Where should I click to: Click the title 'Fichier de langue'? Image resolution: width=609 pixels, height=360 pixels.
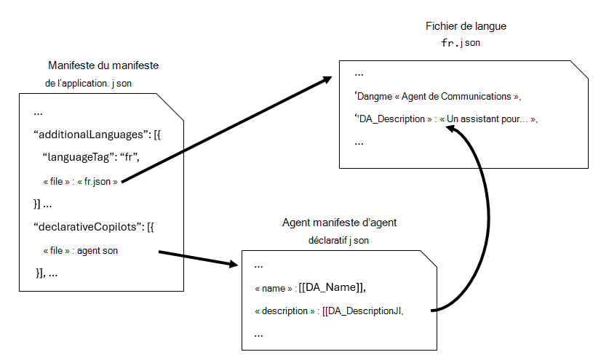[466, 26]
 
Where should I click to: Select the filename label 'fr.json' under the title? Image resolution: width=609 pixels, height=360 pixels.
[461, 43]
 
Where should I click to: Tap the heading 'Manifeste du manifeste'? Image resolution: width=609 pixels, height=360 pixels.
[103, 65]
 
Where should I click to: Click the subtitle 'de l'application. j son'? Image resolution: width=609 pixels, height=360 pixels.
[89, 83]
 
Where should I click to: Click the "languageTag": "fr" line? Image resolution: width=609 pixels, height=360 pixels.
[91, 158]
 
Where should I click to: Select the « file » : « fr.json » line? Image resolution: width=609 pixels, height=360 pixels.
[80, 181]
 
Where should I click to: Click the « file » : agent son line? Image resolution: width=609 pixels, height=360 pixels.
[80, 250]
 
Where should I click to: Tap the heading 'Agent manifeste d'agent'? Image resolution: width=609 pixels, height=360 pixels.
[339, 223]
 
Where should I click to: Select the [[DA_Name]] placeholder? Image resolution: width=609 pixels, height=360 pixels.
[332, 288]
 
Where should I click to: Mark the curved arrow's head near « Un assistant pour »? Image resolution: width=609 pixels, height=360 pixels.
[452, 128]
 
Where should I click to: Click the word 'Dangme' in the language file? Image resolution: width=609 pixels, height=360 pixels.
[375, 96]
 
